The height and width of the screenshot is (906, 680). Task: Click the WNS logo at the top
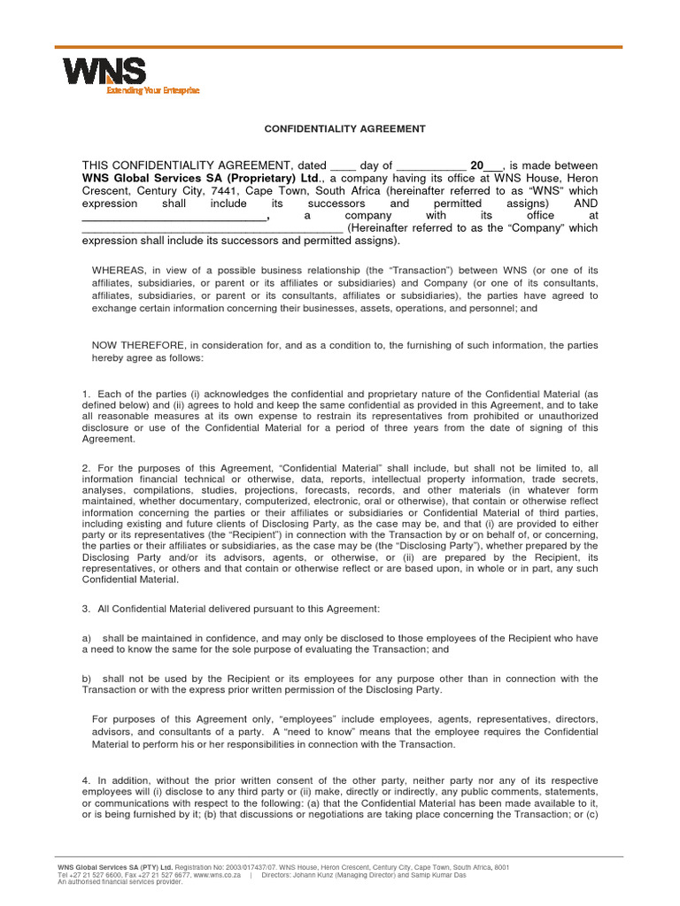104,72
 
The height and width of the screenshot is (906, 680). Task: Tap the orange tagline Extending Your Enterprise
152,90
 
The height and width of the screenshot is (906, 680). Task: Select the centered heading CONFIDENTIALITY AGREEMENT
345,128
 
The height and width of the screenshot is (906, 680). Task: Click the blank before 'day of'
342,165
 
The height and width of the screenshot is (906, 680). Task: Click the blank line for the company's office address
212,228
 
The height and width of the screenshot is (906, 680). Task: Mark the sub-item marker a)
87,637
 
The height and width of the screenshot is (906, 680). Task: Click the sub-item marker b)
87,678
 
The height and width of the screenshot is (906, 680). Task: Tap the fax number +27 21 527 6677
160,875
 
